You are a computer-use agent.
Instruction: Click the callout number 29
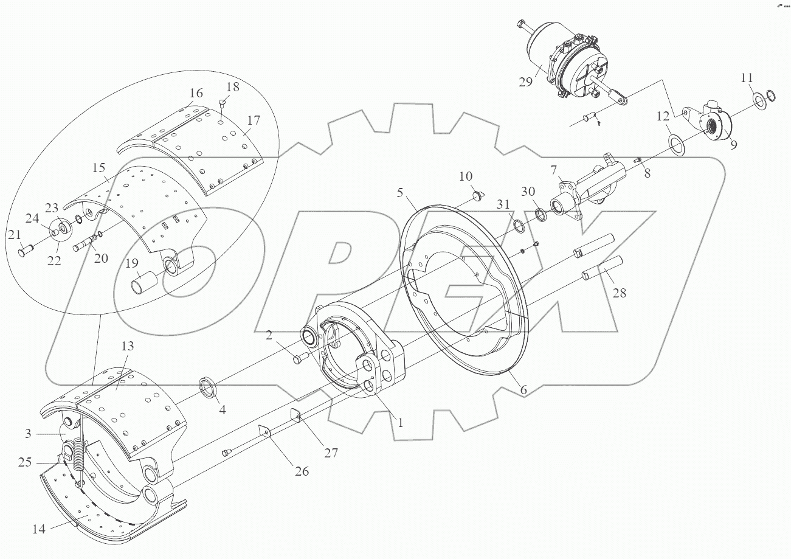pyautogui.click(x=526, y=82)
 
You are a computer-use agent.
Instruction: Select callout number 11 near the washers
pyautogui.click(x=747, y=78)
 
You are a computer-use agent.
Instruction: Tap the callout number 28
pyautogui.click(x=619, y=293)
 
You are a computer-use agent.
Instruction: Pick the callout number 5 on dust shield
pyautogui.click(x=400, y=193)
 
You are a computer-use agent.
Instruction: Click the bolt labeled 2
pyautogui.click(x=298, y=359)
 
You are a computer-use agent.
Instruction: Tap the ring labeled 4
pyautogui.click(x=209, y=387)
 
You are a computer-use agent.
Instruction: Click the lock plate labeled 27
pyautogui.click(x=295, y=417)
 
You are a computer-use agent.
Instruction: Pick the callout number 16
pyautogui.click(x=195, y=94)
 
